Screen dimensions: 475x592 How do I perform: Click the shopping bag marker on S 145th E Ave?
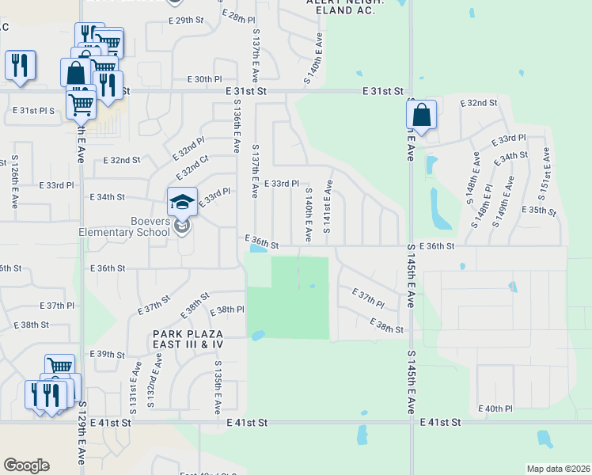(x=422, y=116)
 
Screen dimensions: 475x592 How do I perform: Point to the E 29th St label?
(x=186, y=20)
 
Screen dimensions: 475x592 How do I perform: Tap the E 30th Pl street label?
(x=204, y=79)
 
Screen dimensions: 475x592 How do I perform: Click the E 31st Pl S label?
(x=33, y=110)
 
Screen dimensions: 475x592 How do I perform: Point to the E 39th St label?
(x=108, y=354)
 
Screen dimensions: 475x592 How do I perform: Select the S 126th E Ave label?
(x=15, y=182)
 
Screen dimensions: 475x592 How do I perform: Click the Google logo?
(x=26, y=465)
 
